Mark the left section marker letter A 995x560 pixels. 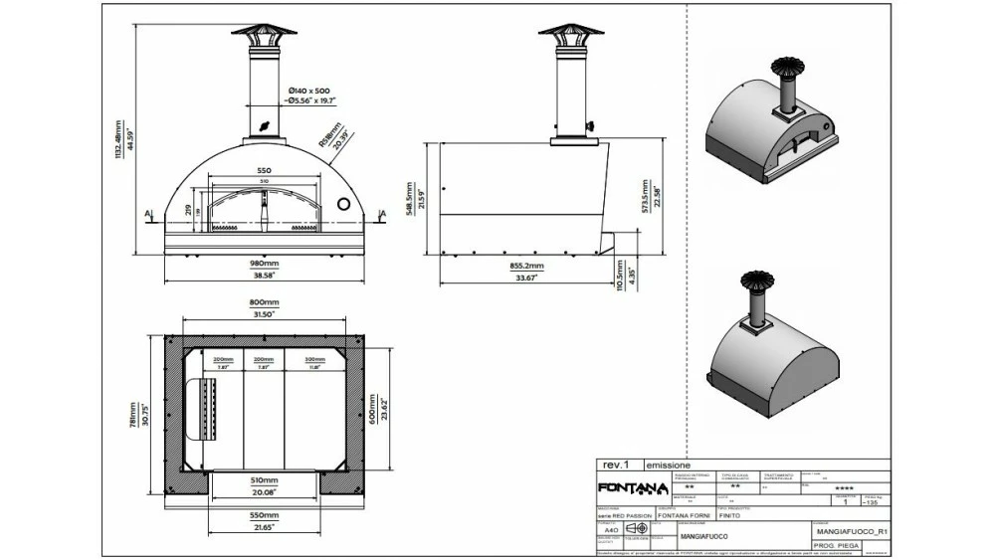point(147,212)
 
